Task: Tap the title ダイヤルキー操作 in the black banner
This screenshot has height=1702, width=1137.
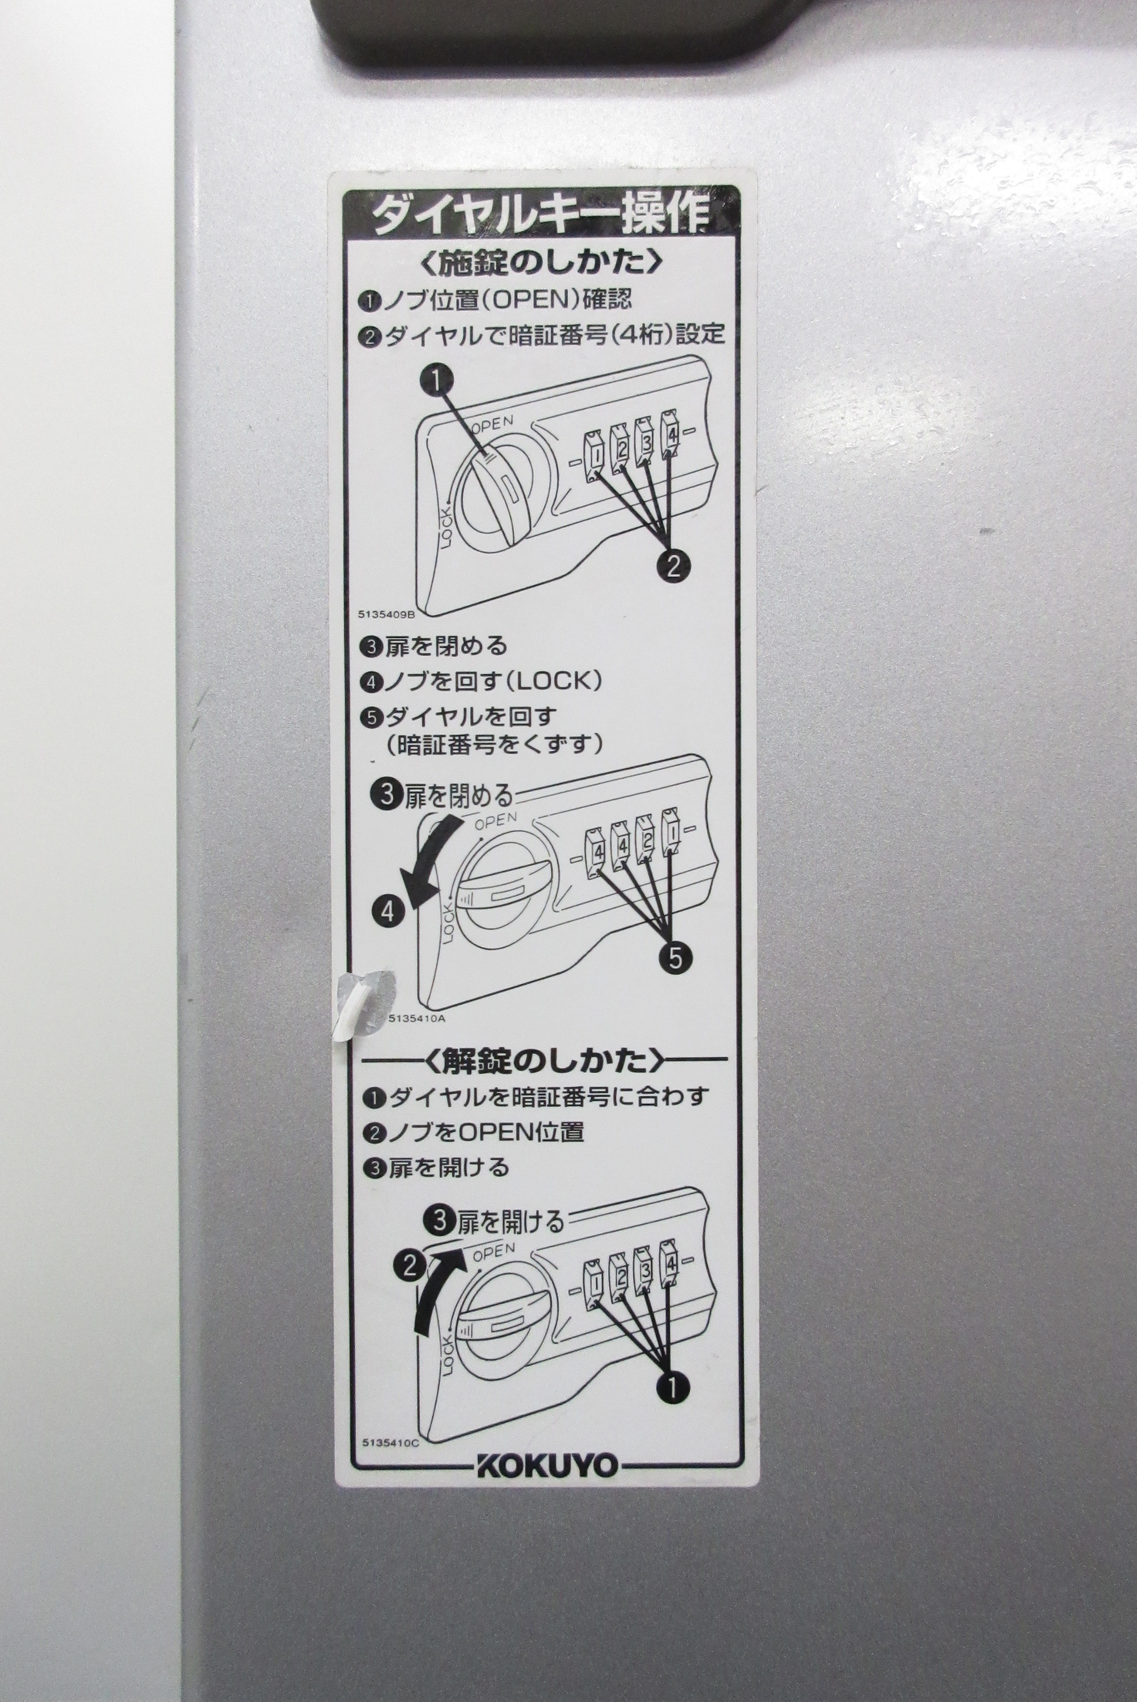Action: (x=540, y=214)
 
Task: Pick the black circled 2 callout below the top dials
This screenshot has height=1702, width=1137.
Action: (x=672, y=566)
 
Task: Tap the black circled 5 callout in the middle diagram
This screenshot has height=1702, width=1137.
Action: (x=674, y=959)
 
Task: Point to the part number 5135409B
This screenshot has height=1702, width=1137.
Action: (x=386, y=614)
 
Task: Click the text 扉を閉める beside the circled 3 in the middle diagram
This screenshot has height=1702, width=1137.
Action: (x=459, y=797)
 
